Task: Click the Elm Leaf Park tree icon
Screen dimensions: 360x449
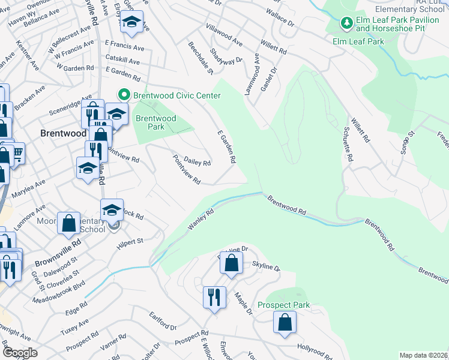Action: [346, 23]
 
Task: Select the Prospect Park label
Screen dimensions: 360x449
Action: [283, 305]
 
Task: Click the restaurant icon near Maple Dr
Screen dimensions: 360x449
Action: [214, 296]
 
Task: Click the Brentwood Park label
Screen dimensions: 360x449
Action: [155, 123]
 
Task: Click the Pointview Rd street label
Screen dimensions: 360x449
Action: [186, 170]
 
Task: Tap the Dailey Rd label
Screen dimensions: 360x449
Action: [197, 162]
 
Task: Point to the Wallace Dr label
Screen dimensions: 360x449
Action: [279, 20]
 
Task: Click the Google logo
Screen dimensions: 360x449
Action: [20, 353]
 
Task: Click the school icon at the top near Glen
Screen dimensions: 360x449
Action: [131, 22]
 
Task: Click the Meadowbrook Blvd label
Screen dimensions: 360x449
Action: [59, 292]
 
